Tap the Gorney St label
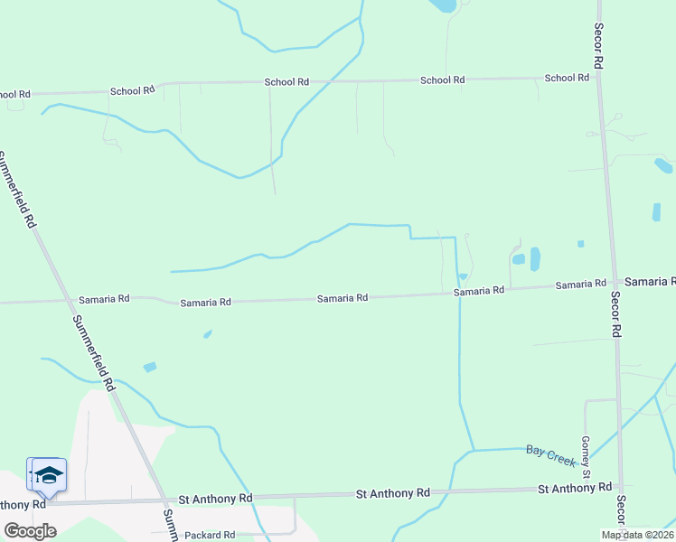(586, 456)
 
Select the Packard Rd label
(210, 535)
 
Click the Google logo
(29, 531)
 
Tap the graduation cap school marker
(49, 475)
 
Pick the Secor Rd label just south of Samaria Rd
(615, 314)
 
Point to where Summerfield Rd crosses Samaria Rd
(68, 300)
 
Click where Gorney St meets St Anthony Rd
(587, 489)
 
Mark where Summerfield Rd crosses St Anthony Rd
(163, 500)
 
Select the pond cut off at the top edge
(443, 5)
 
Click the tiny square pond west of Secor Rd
(580, 243)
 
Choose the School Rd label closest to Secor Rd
(568, 78)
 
